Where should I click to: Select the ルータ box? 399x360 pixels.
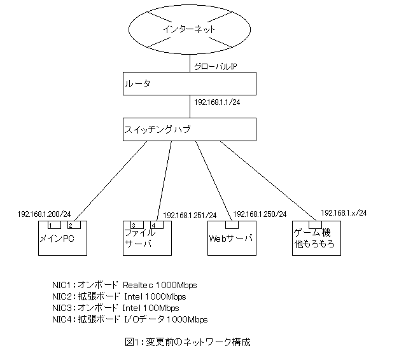(x=190, y=83)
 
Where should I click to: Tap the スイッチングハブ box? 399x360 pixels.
(x=190, y=129)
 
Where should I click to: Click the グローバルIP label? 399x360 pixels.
(x=216, y=66)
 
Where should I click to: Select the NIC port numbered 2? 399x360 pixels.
(x=73, y=225)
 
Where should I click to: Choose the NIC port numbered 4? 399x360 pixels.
(x=156, y=225)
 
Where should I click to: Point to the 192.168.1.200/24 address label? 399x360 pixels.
(x=43, y=214)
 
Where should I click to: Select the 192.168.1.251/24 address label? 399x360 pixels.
(x=190, y=215)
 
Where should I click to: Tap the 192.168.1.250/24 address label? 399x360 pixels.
(x=260, y=214)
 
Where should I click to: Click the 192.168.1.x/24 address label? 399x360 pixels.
(x=344, y=213)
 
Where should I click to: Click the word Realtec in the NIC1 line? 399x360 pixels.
(x=139, y=285)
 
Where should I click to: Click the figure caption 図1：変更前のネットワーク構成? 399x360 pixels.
(x=188, y=342)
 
